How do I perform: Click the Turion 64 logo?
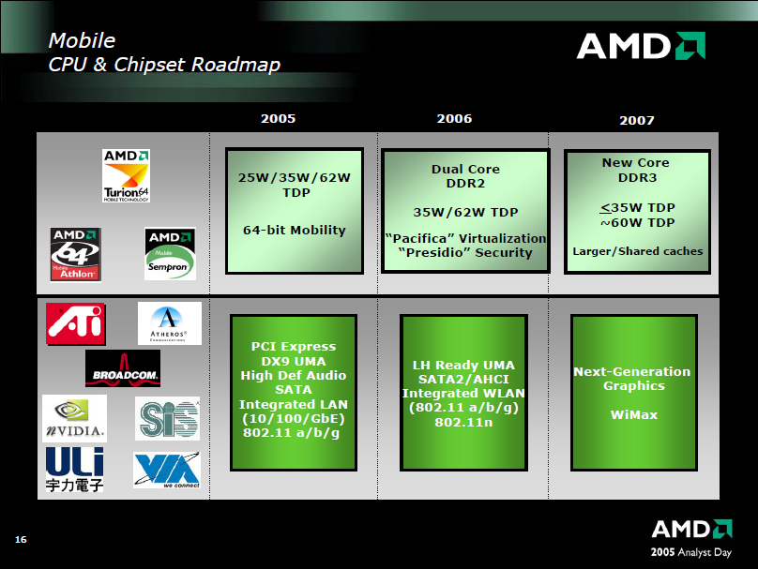(126, 175)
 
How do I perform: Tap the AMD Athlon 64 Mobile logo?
(75, 254)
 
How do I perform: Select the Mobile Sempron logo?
(170, 254)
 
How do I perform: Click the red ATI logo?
(75, 323)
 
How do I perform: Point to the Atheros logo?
(170, 323)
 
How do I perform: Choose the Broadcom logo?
(123, 368)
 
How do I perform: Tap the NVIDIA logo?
(74, 418)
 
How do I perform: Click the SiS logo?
(167, 418)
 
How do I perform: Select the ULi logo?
(74, 470)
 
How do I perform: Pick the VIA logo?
(167, 470)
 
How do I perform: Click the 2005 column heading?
(278, 119)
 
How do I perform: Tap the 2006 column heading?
(454, 119)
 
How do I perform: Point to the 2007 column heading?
(637, 120)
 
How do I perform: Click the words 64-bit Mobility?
(295, 230)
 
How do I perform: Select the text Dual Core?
(465, 169)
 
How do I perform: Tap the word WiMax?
(634, 415)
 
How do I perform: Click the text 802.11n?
(463, 422)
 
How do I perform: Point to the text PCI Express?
(294, 346)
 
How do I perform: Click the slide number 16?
(21, 540)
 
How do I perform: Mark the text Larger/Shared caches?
(638, 251)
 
